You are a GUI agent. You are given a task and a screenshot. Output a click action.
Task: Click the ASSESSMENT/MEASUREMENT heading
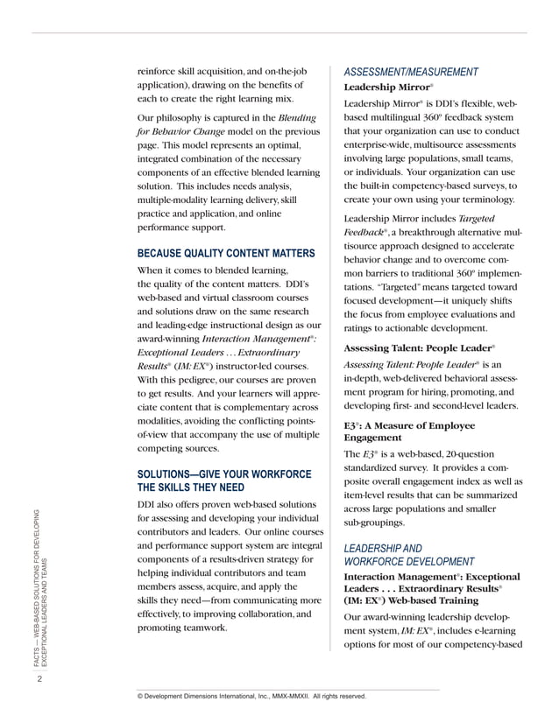[x=410, y=71]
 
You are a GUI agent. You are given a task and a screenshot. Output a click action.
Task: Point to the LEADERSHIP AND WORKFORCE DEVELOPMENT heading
[x=409, y=554]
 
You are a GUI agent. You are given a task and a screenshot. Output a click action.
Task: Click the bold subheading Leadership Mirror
[x=388, y=88]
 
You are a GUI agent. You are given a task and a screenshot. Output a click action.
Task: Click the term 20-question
[x=464, y=453]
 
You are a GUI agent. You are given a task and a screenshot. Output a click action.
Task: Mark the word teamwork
[x=202, y=628]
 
